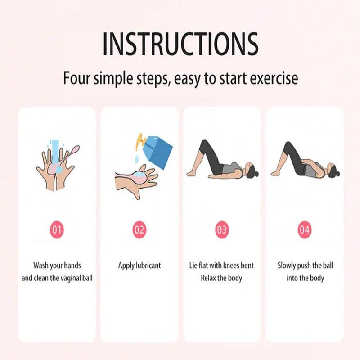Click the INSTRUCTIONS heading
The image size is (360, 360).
(180, 44)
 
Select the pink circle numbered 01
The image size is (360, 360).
(57, 230)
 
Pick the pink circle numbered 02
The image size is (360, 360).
(139, 230)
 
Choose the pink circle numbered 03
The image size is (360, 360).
(222, 230)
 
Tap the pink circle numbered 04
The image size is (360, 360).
(305, 230)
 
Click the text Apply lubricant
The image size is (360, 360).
(139, 265)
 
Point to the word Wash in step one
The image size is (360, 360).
(41, 265)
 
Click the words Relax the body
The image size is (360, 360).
(221, 278)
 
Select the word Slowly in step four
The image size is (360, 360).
(287, 265)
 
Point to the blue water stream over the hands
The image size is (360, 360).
(55, 151)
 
